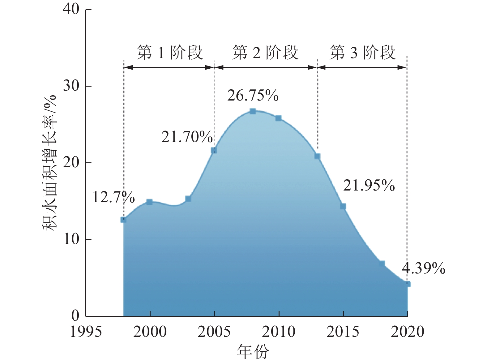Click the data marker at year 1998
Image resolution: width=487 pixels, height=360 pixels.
(x=123, y=220)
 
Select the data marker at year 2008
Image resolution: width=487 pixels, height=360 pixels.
(x=253, y=111)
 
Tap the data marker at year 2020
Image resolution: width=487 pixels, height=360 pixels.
(x=408, y=284)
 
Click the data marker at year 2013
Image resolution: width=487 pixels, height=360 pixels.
(x=317, y=156)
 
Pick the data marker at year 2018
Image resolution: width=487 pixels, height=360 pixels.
(x=382, y=264)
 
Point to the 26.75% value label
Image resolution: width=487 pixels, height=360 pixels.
(x=253, y=96)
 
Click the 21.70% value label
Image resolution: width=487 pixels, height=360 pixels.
(x=187, y=137)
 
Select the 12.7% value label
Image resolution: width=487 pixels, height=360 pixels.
(x=113, y=197)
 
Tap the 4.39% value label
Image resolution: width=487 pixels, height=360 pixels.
(x=423, y=268)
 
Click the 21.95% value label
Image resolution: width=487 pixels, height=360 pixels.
(x=369, y=186)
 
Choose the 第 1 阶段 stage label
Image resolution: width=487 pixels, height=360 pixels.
(x=170, y=53)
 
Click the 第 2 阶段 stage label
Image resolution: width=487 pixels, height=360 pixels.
(x=265, y=53)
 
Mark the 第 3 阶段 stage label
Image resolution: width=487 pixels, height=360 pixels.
(x=362, y=53)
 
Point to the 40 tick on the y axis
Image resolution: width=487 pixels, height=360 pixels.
(x=71, y=9)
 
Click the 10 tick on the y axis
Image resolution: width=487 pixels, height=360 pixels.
(x=71, y=239)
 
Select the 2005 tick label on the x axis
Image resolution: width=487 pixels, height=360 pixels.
(x=214, y=332)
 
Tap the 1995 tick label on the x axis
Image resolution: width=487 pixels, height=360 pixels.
(x=86, y=332)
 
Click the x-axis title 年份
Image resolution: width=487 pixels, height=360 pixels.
(x=253, y=352)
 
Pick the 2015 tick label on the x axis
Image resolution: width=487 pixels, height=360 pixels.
(x=343, y=332)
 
